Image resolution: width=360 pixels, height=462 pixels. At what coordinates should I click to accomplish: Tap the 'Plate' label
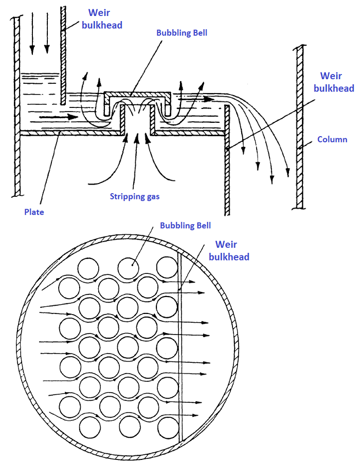34,212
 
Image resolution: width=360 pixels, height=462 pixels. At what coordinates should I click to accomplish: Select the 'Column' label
332,139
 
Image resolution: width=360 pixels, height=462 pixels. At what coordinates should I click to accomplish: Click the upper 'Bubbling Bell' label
182,32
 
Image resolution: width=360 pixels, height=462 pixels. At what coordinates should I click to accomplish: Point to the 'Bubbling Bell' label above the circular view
185,225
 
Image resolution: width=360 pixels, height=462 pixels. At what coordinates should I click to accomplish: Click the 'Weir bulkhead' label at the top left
105,18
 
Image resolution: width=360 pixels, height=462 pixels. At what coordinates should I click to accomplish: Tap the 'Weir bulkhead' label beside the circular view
232,250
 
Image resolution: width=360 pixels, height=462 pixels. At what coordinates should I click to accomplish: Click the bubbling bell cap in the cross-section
137,95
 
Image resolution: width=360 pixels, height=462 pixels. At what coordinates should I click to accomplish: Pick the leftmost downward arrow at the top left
32,33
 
